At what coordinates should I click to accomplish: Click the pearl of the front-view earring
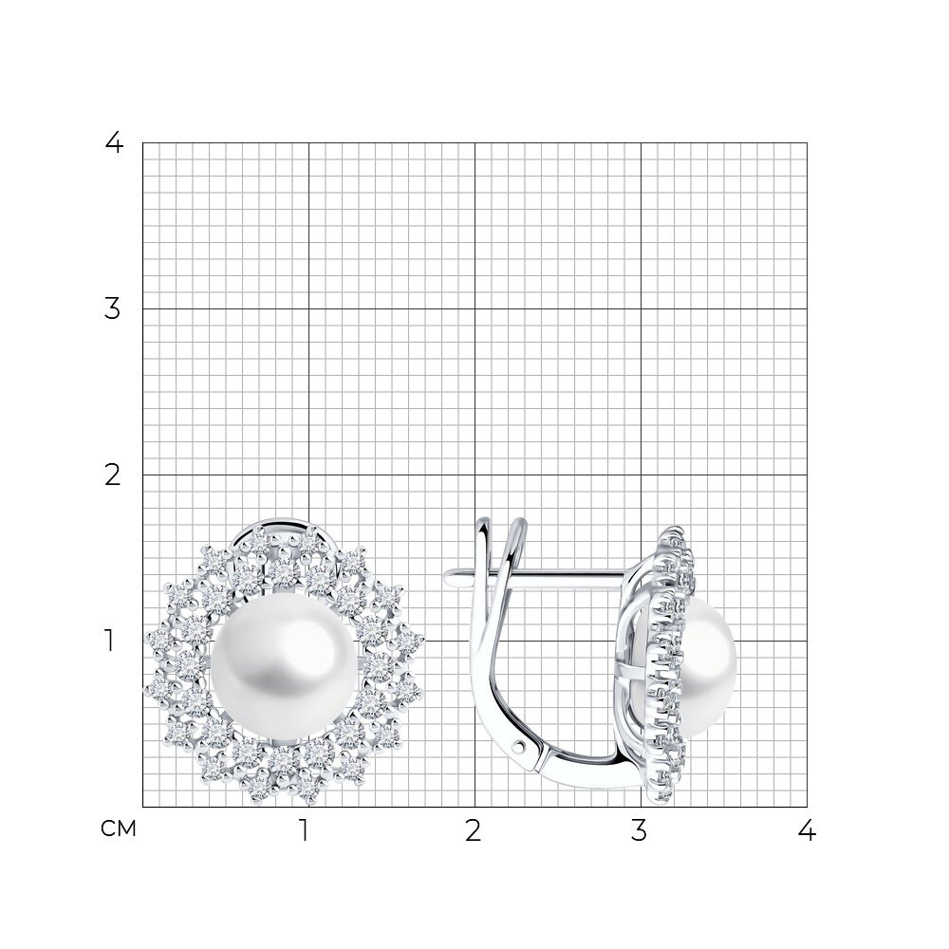coord(287,667)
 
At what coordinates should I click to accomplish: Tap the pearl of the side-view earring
coord(708,666)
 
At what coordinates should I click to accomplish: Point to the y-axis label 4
coord(114,143)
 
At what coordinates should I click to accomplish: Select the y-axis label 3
coord(113,309)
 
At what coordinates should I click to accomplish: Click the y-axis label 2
coord(113,475)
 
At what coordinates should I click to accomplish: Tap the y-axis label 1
coord(109,641)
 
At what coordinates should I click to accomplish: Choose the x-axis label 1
coord(305,831)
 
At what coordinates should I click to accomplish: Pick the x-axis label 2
coord(474,831)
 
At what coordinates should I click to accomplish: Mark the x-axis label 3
coord(639,831)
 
